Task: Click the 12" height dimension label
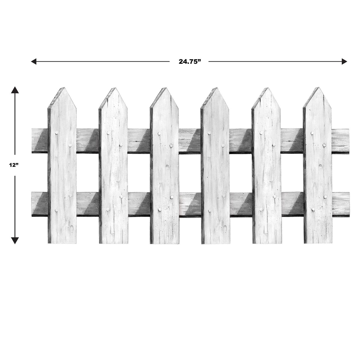13,165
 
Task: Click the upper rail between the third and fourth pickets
190,141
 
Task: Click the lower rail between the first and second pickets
87,204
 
